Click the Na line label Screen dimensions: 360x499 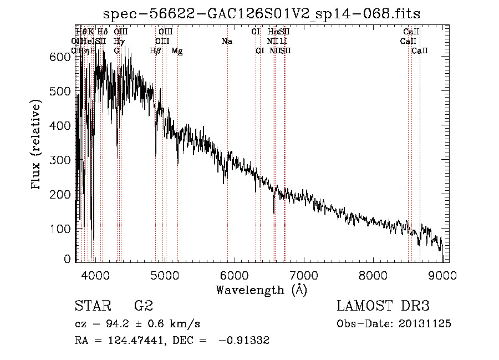pos(226,42)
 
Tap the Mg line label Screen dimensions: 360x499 pos(177,51)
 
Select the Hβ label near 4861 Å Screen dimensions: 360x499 pos(155,51)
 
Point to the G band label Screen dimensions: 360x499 pos(117,51)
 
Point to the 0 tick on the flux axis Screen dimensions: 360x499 pos(68,259)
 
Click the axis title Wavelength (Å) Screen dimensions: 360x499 pos(261,290)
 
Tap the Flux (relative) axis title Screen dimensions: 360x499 pos(37,145)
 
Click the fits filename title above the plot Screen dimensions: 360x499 pos(262,13)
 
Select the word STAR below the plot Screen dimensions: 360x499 pos(92,306)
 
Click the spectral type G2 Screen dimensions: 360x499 pos(143,306)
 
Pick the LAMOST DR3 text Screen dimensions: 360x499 pos(383,306)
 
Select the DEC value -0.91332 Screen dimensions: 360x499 pos(244,341)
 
